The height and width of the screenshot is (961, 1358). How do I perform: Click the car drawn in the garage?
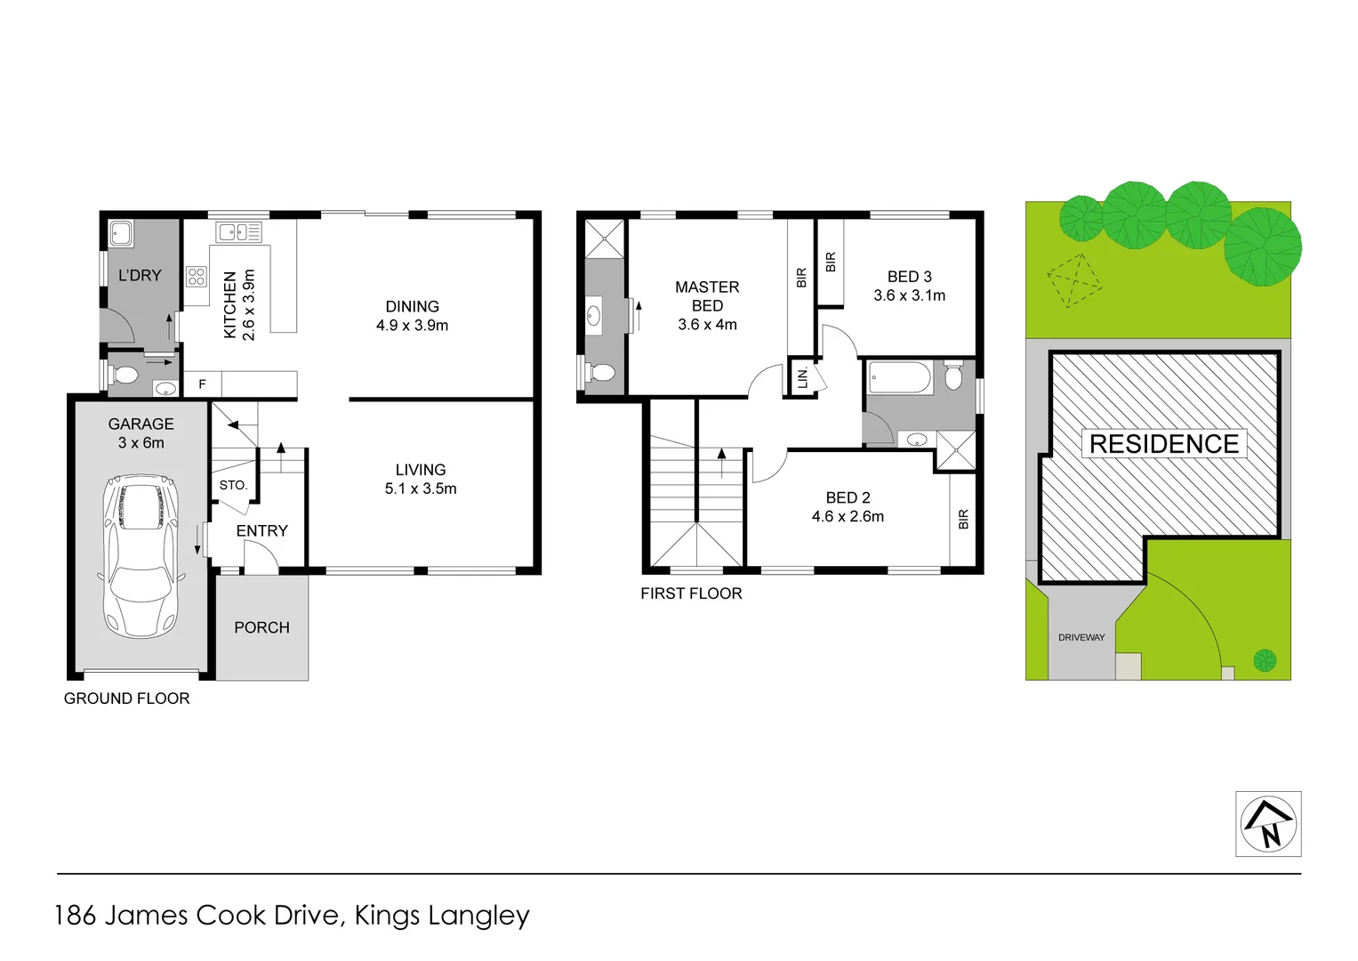click(x=141, y=556)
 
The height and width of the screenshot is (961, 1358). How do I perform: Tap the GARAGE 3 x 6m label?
click(x=141, y=433)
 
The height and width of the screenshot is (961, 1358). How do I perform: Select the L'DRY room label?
click(x=140, y=276)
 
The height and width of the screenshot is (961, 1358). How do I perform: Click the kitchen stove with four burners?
click(x=197, y=276)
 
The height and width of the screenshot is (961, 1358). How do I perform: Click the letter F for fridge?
click(x=202, y=384)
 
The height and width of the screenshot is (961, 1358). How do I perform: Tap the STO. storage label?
click(x=233, y=485)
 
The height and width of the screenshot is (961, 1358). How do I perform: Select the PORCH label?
click(x=261, y=627)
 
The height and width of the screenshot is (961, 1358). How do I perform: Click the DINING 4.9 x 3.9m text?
click(x=412, y=316)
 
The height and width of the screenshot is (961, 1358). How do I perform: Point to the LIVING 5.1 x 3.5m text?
click(x=421, y=479)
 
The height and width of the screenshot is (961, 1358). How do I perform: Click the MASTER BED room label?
click(x=707, y=296)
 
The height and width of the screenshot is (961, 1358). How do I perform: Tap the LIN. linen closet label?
click(x=803, y=377)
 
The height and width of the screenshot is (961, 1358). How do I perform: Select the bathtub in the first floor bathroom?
click(x=899, y=378)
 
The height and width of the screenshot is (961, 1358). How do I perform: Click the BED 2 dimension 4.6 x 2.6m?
click(x=848, y=517)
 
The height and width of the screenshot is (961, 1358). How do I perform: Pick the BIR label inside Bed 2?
click(x=963, y=520)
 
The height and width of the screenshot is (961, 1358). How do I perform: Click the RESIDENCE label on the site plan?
click(x=1163, y=444)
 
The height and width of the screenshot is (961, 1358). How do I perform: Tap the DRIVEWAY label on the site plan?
click(x=1081, y=637)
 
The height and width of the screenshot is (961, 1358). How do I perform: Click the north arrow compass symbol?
click(x=1268, y=824)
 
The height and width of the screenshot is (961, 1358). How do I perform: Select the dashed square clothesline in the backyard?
click(x=1074, y=281)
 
